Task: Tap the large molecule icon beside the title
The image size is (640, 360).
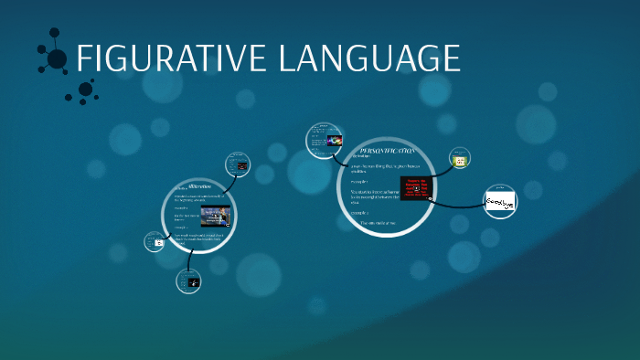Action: [54, 58]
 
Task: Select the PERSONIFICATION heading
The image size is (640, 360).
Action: [388, 150]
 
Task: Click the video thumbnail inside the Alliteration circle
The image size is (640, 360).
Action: [215, 217]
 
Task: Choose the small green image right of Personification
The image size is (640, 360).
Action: [461, 159]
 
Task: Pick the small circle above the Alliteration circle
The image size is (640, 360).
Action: [240, 165]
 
